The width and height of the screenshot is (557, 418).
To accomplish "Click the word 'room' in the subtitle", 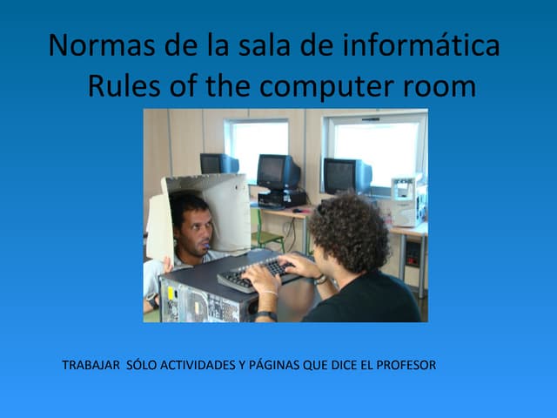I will click(x=439, y=87).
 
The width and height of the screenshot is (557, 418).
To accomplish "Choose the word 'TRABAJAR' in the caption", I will click(x=91, y=364).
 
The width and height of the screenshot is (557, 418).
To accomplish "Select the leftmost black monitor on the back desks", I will click(x=218, y=164).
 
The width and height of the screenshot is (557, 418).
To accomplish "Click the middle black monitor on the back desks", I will click(x=278, y=172).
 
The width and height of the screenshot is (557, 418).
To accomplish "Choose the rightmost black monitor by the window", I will click(x=346, y=175).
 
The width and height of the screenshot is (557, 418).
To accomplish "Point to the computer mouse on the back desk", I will click(x=298, y=210).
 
